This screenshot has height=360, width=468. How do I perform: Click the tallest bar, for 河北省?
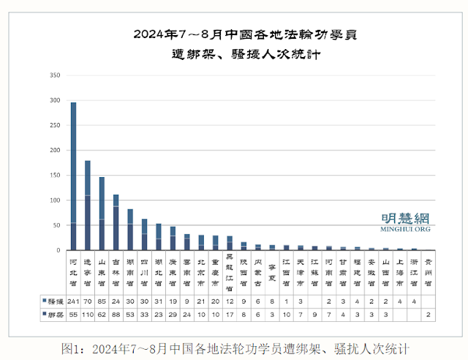point(73,176)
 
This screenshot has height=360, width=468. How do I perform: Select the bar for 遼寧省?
point(88,205)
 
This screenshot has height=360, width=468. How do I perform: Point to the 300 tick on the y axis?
point(54,100)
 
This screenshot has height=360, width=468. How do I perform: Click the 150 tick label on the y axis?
point(54,175)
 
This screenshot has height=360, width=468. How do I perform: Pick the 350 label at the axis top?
point(54,75)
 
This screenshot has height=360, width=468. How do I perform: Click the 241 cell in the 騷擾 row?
point(73,301)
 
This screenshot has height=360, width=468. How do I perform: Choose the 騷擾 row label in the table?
point(53,301)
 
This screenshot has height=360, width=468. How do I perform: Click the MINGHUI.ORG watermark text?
point(406,229)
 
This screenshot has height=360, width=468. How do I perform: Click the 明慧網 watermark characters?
point(406,218)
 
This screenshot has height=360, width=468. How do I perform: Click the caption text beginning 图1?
point(234,348)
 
